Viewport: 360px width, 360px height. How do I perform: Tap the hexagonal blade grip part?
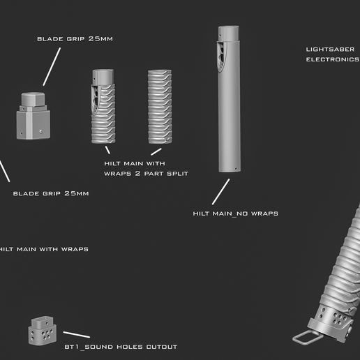coord(33,115)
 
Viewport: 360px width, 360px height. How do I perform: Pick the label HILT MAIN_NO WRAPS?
coord(235,213)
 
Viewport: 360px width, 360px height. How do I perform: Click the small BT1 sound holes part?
coord(41,330)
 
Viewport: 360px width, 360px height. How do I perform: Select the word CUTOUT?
coord(160,347)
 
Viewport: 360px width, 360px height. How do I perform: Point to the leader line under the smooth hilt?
coord(221,190)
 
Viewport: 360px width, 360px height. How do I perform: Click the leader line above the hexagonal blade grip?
coord(49,70)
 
